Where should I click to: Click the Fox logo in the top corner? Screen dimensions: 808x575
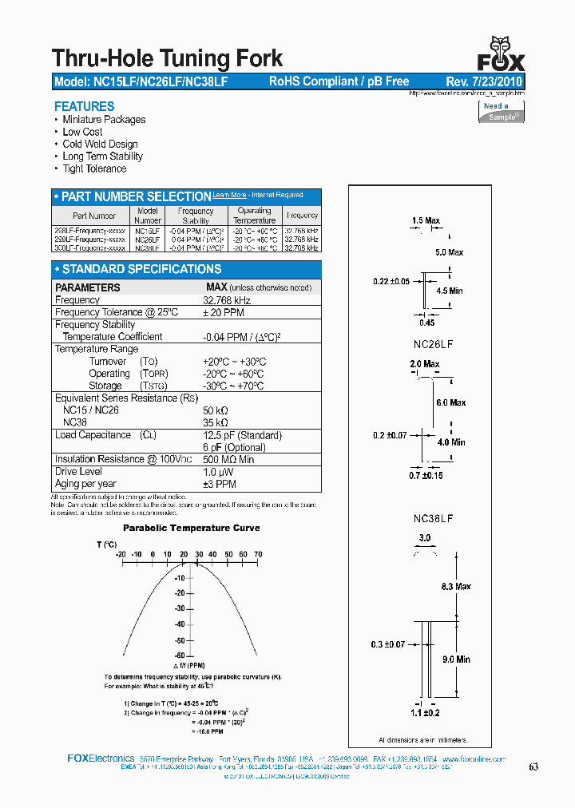tap(501, 53)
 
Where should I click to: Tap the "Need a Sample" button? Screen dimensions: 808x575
tap(502, 112)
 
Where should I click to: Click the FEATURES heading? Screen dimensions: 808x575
tap(84, 106)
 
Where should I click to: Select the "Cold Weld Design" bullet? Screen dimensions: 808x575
tap(100, 144)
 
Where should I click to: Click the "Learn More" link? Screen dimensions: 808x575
tap(229, 195)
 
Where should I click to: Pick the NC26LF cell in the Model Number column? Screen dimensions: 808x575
tap(148, 239)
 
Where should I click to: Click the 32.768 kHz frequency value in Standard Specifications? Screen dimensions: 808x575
tap(227, 300)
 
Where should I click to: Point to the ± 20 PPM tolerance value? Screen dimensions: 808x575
tap(224, 312)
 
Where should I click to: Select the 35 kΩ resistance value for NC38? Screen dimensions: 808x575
tap(216, 422)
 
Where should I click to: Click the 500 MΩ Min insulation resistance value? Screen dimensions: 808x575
tap(228, 459)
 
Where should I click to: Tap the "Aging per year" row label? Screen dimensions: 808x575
tap(85, 484)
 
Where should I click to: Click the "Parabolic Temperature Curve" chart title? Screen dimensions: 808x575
tap(191, 528)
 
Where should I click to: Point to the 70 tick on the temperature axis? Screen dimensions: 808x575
tap(258, 554)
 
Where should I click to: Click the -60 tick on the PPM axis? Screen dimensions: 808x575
tap(180, 655)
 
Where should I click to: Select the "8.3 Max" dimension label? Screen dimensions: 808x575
tap(455, 586)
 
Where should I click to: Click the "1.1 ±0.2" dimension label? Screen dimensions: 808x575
tap(425, 712)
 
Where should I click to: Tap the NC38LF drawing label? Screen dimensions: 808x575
tap(434, 518)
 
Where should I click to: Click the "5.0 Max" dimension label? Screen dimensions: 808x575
tap(449, 252)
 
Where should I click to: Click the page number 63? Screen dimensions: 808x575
tap(533, 766)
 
